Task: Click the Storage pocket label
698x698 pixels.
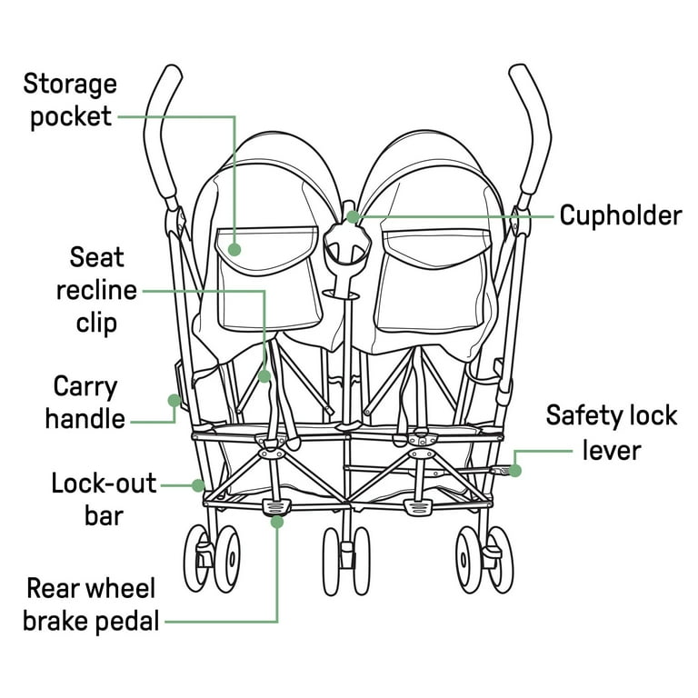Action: pyautogui.click(x=70, y=101)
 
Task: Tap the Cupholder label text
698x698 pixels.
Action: pyautogui.click(x=620, y=215)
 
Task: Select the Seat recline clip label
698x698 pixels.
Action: pyautogui.click(x=96, y=290)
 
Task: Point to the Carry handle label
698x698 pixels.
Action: pyautogui.click(x=85, y=402)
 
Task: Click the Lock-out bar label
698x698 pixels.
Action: pyautogui.click(x=104, y=498)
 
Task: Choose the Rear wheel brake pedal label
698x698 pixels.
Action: pyautogui.click(x=90, y=604)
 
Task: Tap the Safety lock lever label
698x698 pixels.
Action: pyautogui.click(x=611, y=432)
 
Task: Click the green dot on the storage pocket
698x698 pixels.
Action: pyautogui.click(x=234, y=248)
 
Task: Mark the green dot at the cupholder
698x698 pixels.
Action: pyautogui.click(x=353, y=217)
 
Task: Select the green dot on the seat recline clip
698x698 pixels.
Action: pyautogui.click(x=264, y=374)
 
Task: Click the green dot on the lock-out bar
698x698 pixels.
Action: pyautogui.click(x=197, y=485)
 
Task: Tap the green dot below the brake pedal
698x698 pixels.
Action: pyautogui.click(x=276, y=522)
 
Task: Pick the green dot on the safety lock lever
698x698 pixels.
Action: pyautogui.click(x=515, y=470)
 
